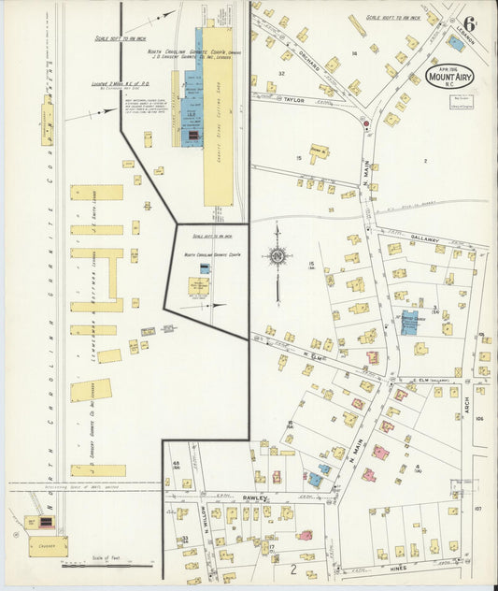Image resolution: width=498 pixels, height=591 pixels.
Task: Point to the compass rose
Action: click(277, 255)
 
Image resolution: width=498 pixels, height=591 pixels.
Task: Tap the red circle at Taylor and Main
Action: click(365, 123)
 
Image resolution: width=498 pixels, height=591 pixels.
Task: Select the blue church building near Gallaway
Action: click(409, 321)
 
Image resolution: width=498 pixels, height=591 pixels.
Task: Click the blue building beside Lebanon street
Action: click(456, 43)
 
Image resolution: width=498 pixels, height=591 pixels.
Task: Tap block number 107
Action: click(477, 509)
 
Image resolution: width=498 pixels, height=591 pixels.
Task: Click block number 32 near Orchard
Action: click(280, 73)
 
